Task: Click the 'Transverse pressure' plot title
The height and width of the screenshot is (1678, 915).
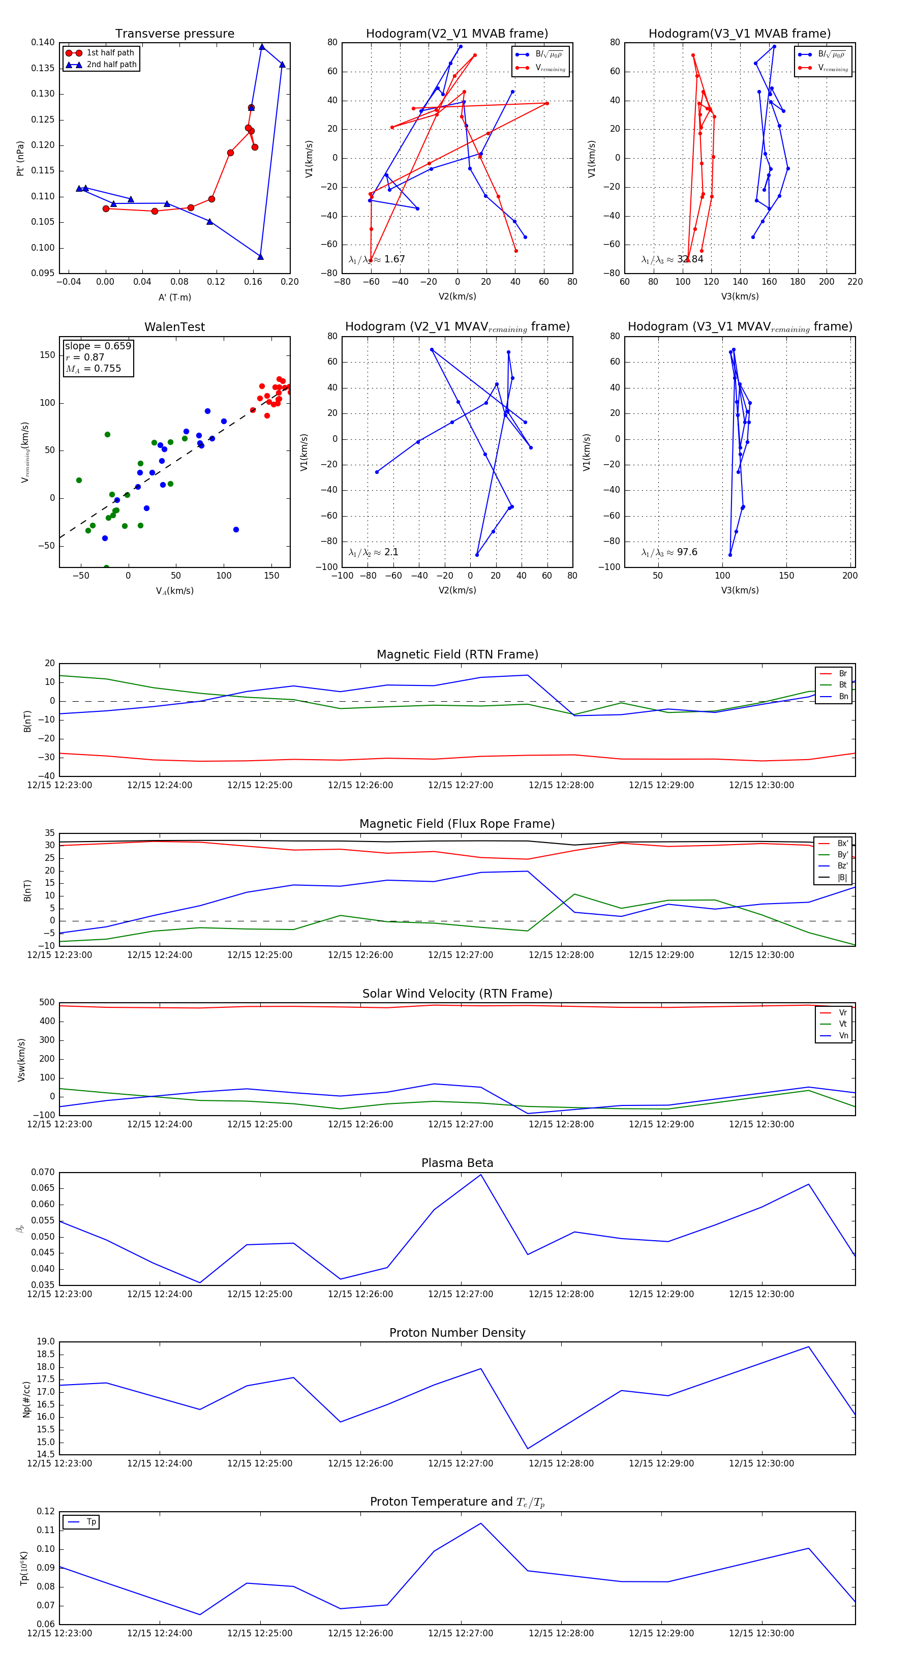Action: [x=174, y=34]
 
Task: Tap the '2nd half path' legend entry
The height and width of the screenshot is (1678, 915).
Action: [x=111, y=65]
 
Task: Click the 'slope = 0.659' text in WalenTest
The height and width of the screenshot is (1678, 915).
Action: [x=98, y=346]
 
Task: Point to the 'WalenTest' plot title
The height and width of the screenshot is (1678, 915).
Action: [x=174, y=327]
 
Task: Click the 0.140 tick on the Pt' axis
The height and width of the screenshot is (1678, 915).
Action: [x=43, y=43]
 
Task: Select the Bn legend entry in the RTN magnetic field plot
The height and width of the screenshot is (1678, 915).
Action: [x=843, y=696]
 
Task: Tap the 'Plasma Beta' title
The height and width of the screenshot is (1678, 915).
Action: [x=457, y=1163]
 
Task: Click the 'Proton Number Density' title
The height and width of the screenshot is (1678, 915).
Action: [x=457, y=1333]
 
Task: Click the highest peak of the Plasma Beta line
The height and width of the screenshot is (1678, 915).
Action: [x=480, y=1175]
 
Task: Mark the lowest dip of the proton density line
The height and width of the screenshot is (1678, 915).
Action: [x=528, y=1449]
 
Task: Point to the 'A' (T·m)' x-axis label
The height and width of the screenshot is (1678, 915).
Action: [x=174, y=297]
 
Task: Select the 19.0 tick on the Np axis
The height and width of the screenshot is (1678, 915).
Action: [x=46, y=1342]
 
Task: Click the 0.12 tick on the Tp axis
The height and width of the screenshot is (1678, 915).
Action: [x=46, y=1511]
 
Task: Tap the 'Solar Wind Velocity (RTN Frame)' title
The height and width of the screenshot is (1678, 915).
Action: [x=457, y=994]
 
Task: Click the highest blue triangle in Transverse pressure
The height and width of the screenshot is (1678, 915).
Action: [x=262, y=47]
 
